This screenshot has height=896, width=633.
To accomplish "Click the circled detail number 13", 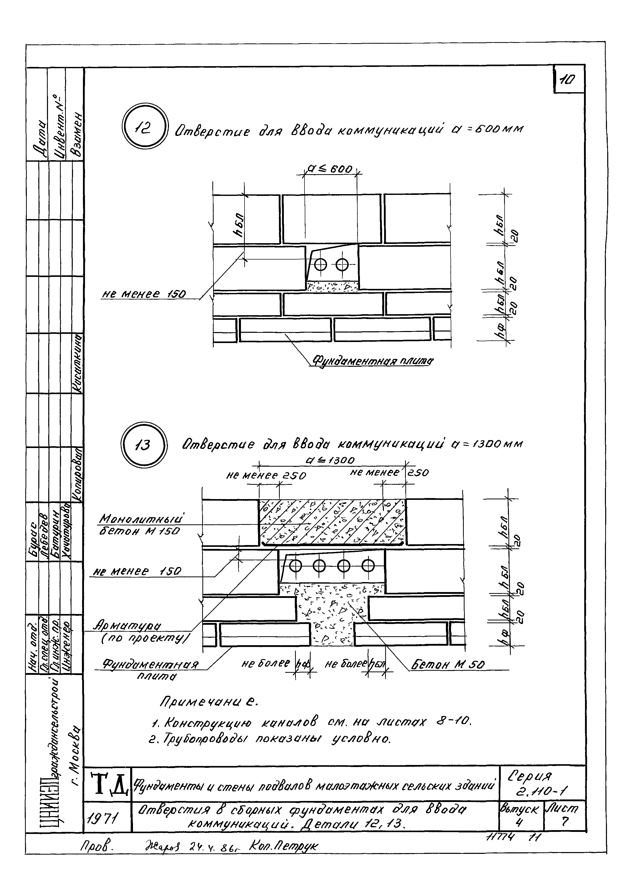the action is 144,445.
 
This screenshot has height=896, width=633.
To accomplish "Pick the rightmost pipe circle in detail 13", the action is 368,565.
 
